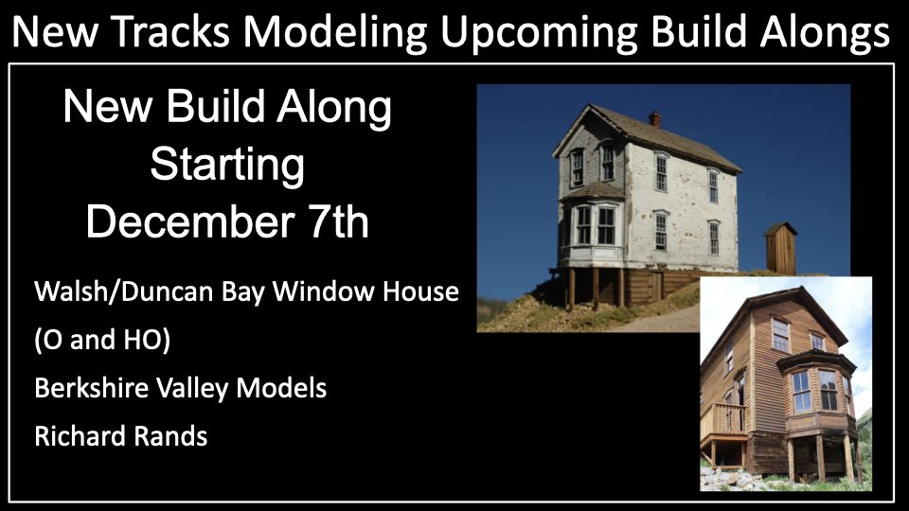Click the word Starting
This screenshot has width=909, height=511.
(x=227, y=166)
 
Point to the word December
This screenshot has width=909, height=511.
(x=189, y=220)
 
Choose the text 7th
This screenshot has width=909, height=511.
(x=339, y=220)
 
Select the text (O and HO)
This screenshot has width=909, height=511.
(x=102, y=340)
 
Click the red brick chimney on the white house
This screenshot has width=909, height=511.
(x=654, y=119)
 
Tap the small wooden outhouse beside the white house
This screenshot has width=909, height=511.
(x=780, y=248)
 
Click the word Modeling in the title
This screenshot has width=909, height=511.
(x=335, y=33)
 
